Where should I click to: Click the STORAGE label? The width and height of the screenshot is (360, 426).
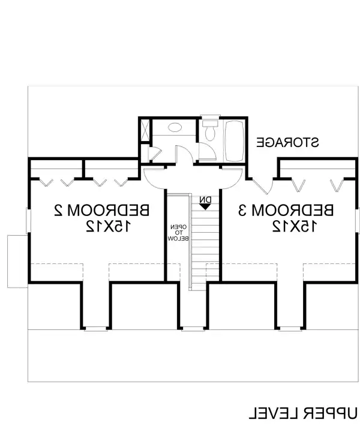click(x=287, y=142)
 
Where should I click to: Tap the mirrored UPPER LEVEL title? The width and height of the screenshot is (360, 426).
click(x=303, y=413)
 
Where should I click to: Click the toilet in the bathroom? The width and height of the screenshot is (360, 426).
click(x=209, y=131)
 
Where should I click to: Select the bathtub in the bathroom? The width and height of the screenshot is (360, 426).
click(x=234, y=140)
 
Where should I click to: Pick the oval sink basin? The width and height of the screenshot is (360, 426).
click(x=175, y=128)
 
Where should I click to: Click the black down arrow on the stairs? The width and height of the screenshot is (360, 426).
click(x=205, y=206)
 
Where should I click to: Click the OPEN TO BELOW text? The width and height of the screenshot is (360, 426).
click(x=178, y=232)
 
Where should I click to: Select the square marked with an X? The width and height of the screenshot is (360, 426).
click(x=144, y=131)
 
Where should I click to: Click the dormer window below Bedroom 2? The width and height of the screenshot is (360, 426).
click(x=95, y=328)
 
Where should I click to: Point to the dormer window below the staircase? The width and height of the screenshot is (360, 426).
click(x=193, y=328)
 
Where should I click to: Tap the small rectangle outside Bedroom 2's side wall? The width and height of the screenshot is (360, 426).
click(x=16, y=261)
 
